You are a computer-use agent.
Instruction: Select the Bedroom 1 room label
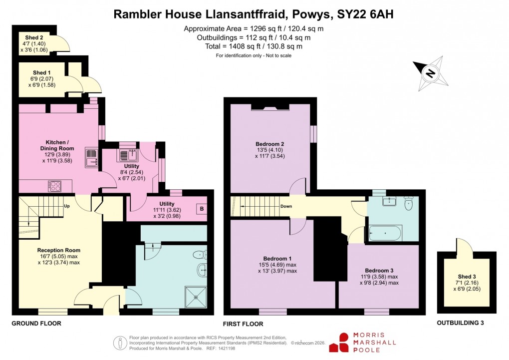[x=272, y=258]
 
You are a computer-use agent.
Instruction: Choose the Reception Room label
[x=58, y=250]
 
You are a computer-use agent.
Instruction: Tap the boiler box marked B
[x=202, y=209]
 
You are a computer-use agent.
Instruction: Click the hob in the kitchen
[x=54, y=186]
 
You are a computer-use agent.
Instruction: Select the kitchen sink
[x=91, y=156]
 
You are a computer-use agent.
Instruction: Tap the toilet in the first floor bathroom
[x=408, y=203]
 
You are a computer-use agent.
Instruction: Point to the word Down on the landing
[x=286, y=206]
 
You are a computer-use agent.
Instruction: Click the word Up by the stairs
[x=66, y=206]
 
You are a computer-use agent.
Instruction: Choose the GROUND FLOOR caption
[x=36, y=324]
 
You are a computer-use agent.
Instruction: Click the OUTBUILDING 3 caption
[x=461, y=323]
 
